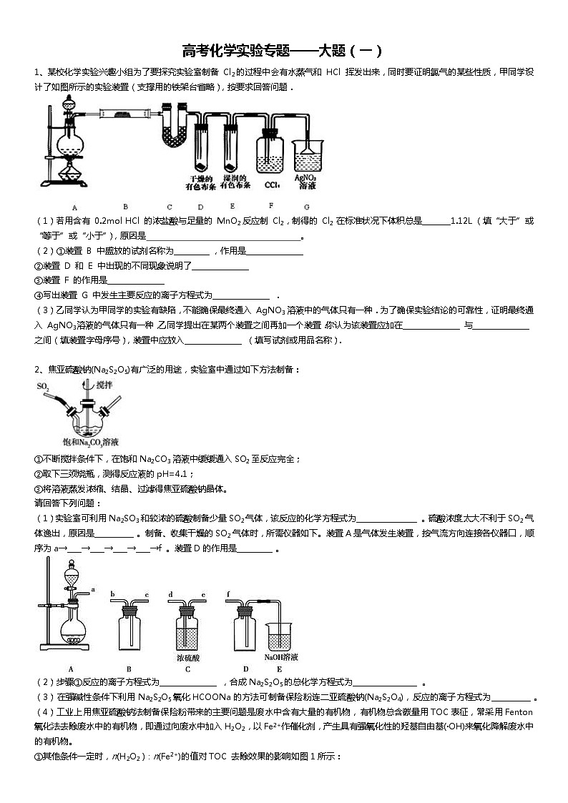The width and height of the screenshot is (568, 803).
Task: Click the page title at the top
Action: coord(283,51)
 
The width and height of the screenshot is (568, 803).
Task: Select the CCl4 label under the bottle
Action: coord(271,185)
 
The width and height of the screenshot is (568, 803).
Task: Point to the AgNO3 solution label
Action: coord(306,181)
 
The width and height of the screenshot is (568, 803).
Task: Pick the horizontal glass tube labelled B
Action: coord(124,112)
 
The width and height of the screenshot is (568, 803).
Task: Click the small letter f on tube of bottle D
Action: coord(227,593)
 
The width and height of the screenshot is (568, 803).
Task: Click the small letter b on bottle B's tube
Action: coord(112,593)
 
